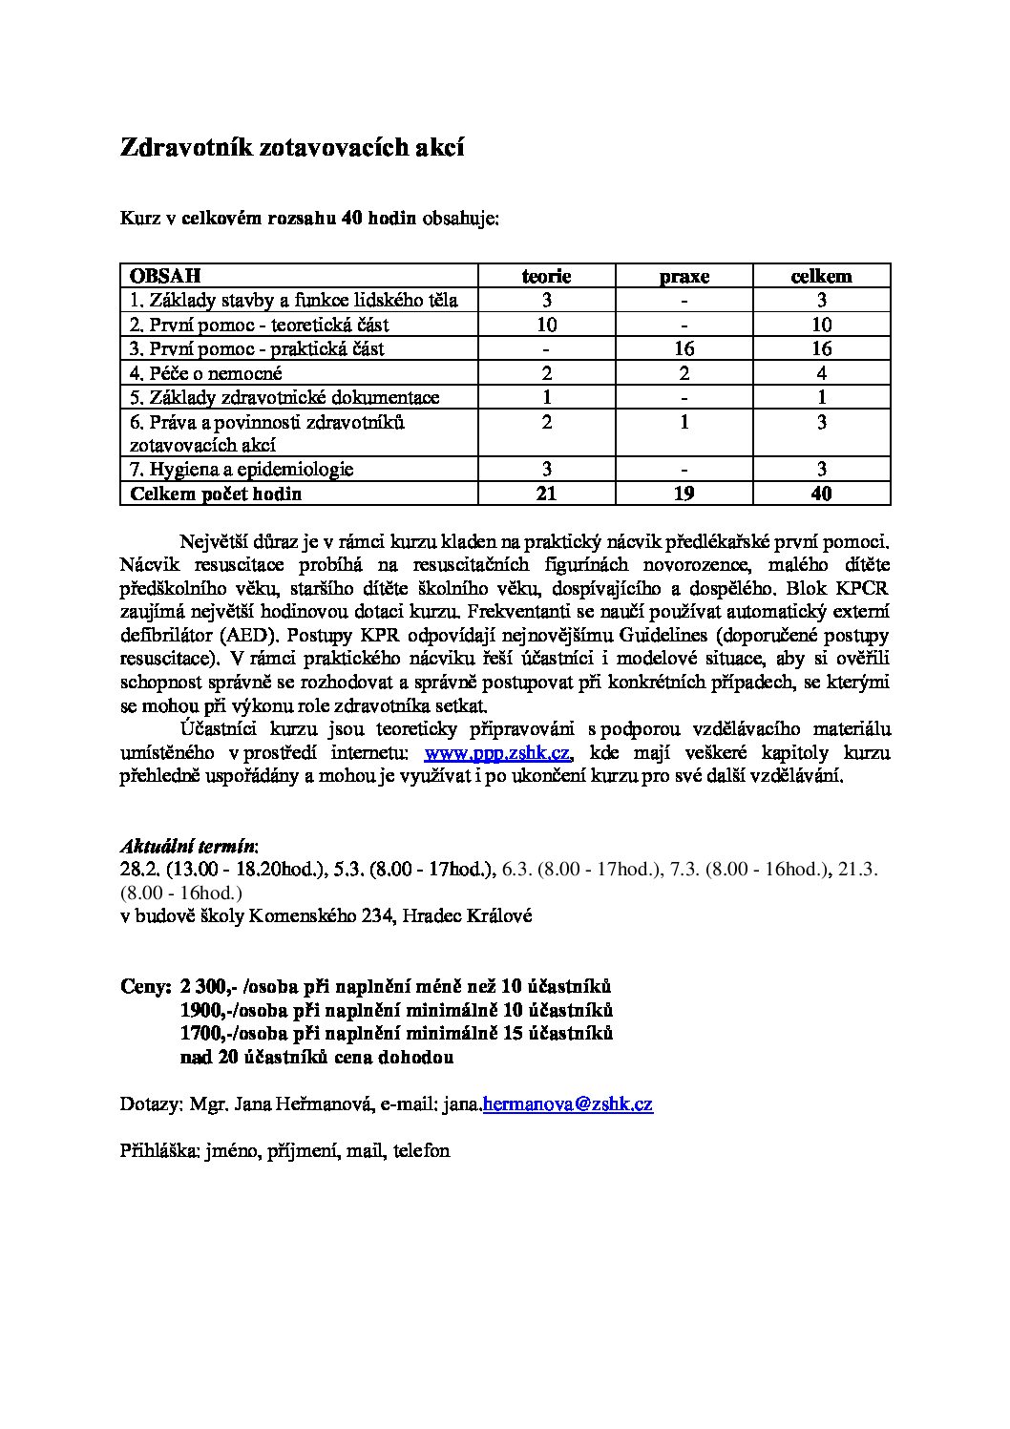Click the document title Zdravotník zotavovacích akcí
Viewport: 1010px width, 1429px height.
292,148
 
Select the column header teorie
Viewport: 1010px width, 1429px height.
546,276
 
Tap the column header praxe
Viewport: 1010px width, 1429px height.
684,277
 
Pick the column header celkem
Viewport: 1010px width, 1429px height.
821,276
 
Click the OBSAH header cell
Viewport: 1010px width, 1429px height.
165,276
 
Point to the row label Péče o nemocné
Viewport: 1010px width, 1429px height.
206,373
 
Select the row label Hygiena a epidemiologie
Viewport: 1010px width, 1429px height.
242,469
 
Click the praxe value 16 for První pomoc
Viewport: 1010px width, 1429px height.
684,348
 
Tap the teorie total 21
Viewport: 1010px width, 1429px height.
546,494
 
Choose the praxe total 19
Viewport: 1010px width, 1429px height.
684,494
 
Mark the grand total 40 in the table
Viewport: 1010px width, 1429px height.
821,494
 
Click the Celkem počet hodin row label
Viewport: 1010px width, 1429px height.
216,494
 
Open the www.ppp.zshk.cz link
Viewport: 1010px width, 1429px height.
497,753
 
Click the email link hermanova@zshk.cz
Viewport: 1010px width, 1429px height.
568,1104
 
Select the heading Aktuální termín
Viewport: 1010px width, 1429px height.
188,846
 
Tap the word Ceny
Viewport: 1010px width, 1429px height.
145,986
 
